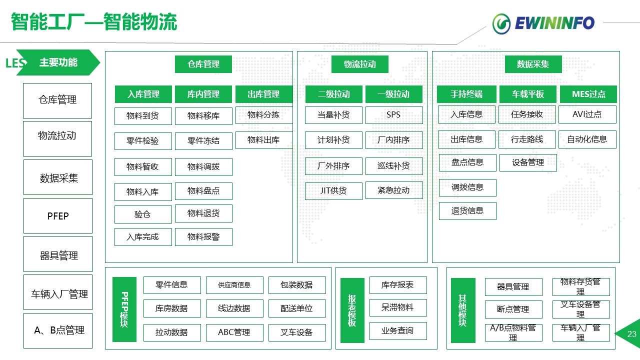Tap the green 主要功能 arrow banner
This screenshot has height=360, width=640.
click(x=58, y=62)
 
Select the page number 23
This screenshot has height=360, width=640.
click(x=631, y=334)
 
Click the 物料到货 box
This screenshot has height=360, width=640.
click(x=143, y=116)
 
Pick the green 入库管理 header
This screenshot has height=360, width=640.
click(x=143, y=94)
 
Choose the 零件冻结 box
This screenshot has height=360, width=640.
click(x=203, y=141)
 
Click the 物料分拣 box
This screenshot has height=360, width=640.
click(x=263, y=115)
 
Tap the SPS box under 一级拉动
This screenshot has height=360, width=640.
click(x=393, y=115)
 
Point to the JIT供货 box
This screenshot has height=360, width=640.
click(x=333, y=190)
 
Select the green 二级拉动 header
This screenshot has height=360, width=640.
click(x=333, y=94)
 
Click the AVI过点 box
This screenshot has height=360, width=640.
click(x=587, y=114)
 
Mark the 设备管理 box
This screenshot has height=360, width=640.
click(x=528, y=162)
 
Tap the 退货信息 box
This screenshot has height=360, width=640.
click(x=467, y=211)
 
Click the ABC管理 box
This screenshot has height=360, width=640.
click(x=234, y=332)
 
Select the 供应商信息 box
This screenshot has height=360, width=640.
click(x=234, y=285)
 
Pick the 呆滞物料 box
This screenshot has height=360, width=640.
click(x=398, y=307)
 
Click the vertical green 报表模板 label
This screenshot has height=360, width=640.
click(x=352, y=310)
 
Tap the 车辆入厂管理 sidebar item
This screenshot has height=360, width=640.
click(x=58, y=294)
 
